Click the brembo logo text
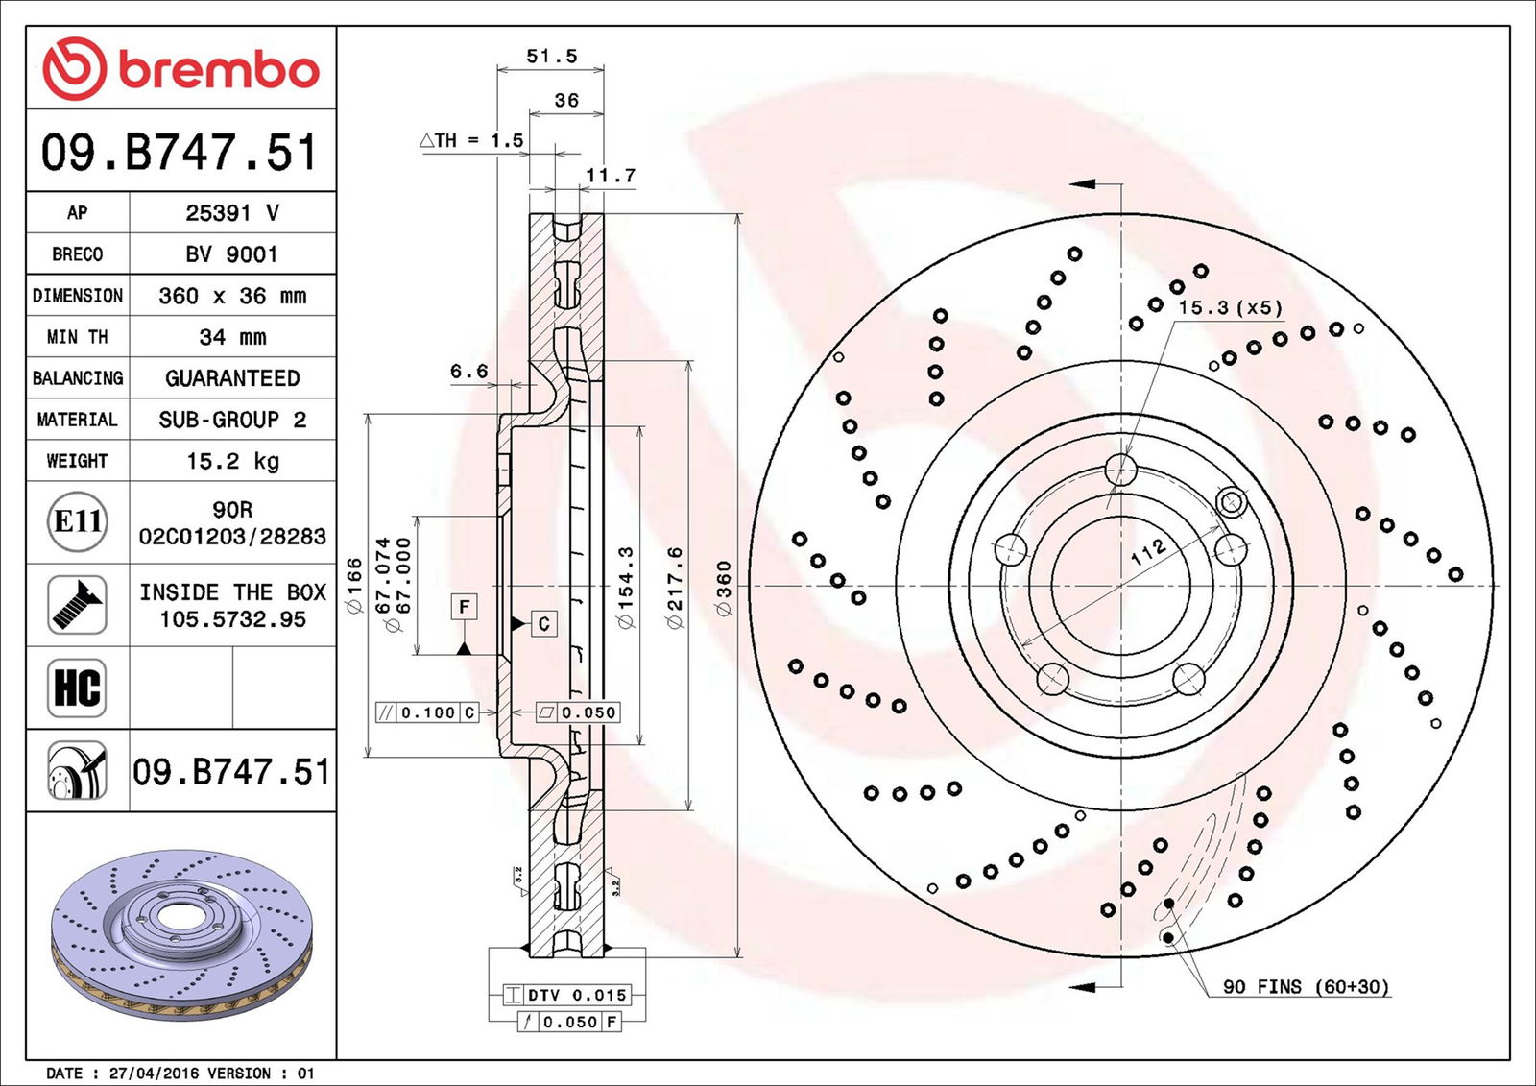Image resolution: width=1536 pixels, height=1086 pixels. coord(218,70)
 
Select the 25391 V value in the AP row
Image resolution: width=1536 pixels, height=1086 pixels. coord(231,213)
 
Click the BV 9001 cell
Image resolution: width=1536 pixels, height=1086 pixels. coord(231,254)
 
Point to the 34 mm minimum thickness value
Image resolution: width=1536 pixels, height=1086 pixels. coord(231,337)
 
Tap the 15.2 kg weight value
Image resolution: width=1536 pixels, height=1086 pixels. coord(231,461)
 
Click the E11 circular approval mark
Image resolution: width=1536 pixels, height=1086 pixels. coord(77,521)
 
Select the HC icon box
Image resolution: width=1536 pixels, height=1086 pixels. coord(77,688)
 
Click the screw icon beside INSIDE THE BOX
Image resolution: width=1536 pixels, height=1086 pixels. coord(77,605)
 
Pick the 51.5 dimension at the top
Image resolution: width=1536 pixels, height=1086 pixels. coord(551,57)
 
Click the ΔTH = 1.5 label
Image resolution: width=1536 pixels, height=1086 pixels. coord(471,140)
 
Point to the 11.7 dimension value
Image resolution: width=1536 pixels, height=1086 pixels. coord(611,176)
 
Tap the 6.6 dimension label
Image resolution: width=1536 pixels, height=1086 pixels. coord(468,372)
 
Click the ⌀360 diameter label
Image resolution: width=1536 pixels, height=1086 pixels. coord(724,588)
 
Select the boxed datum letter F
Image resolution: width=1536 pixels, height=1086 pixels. coord(464,607)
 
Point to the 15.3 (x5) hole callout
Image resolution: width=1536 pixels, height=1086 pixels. coord(1230,308)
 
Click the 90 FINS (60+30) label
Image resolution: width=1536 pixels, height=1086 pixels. coord(1305,987)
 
